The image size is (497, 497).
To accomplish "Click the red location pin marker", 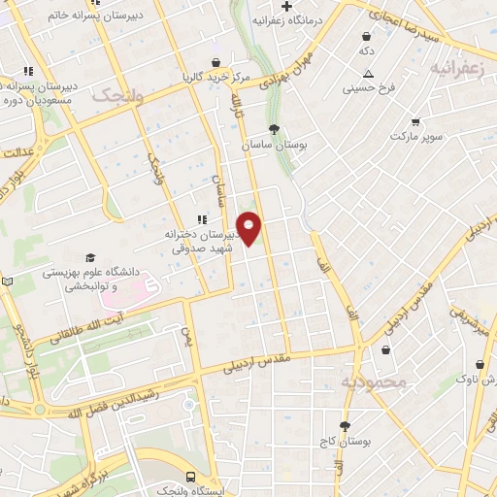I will (x=249, y=228).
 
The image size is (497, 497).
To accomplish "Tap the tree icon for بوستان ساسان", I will (x=276, y=128).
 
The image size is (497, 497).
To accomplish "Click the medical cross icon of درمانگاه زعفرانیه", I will (x=287, y=6).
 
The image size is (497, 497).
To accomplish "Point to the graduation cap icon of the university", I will (x=90, y=258).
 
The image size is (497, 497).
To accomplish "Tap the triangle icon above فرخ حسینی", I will (x=368, y=74).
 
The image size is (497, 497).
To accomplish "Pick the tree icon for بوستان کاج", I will (x=345, y=425).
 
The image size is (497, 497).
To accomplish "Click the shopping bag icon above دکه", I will (x=367, y=34).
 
